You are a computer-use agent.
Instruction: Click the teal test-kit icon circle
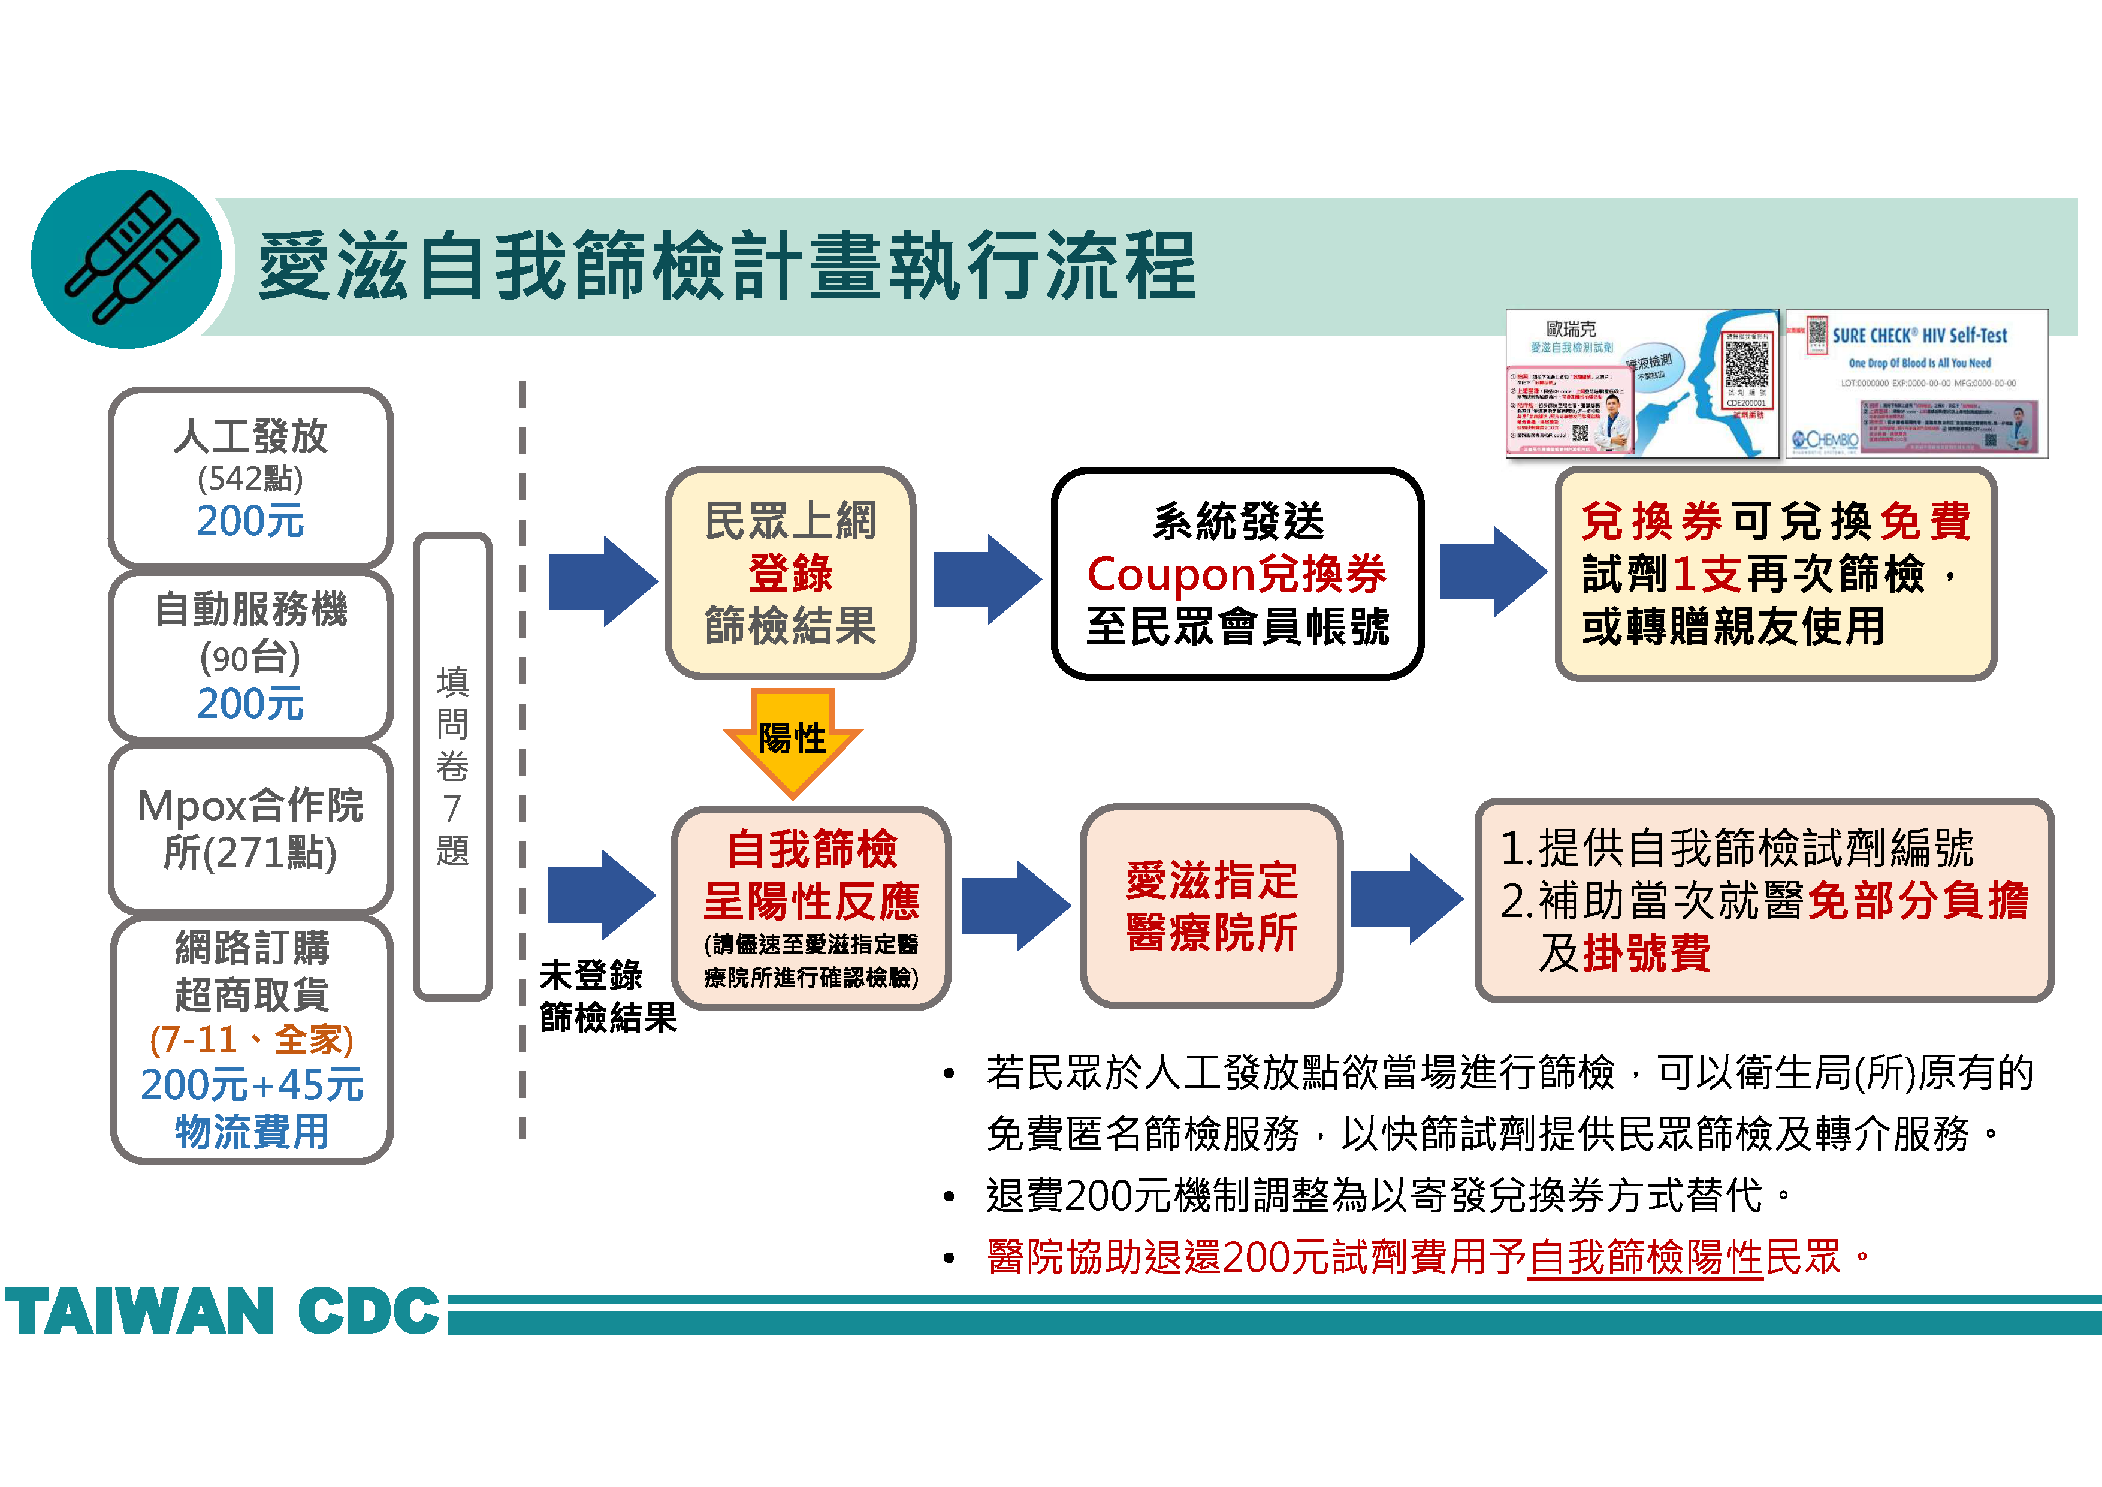click(126, 259)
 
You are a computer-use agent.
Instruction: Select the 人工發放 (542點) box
click(250, 477)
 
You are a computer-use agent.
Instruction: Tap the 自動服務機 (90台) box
click(250, 656)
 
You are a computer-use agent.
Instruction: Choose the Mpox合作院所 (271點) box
click(250, 829)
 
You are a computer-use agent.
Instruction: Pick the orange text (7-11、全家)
click(251, 1039)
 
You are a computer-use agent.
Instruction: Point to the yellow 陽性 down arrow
click(792, 740)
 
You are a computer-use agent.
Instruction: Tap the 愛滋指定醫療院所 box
click(1211, 906)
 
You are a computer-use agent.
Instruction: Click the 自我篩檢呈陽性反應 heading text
click(811, 875)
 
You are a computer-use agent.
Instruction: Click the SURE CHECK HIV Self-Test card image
click(1916, 384)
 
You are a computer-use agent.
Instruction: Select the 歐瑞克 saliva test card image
click(1641, 384)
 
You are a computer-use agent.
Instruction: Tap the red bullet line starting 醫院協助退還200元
click(1428, 1257)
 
